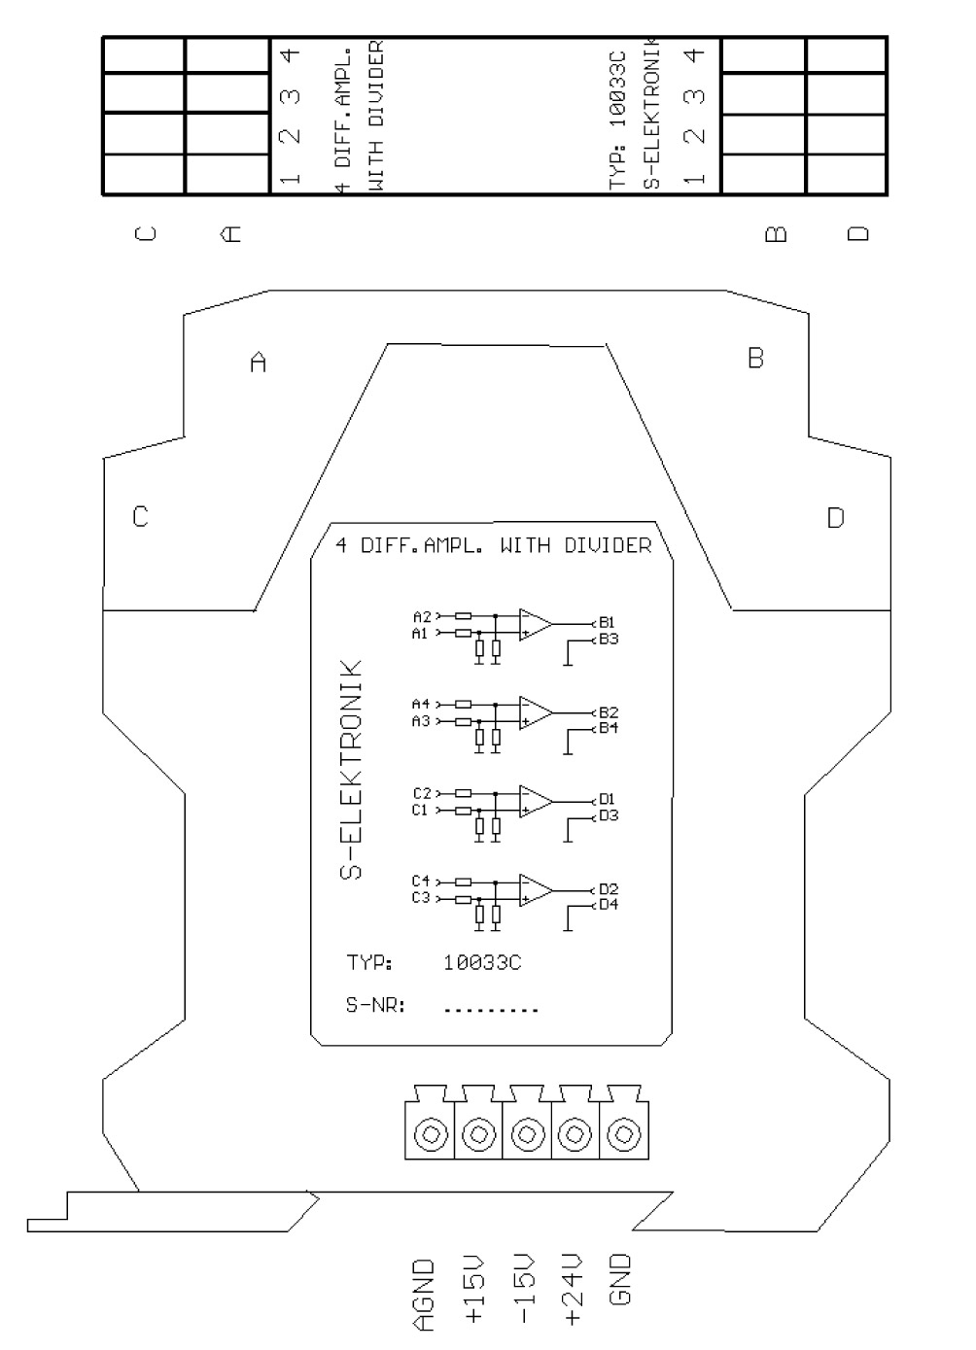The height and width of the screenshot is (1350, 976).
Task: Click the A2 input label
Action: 422,616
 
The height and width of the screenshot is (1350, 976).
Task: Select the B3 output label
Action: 609,639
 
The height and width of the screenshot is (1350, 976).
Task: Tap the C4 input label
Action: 421,882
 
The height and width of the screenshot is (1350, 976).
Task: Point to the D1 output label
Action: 607,799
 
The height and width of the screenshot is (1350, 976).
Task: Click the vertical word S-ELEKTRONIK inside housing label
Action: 351,770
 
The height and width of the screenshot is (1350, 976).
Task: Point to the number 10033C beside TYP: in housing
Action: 481,963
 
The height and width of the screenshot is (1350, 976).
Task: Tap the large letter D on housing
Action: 835,518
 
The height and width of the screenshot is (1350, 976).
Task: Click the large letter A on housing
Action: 258,363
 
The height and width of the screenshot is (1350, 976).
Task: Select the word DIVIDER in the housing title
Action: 608,545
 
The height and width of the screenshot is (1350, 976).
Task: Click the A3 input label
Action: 421,721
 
